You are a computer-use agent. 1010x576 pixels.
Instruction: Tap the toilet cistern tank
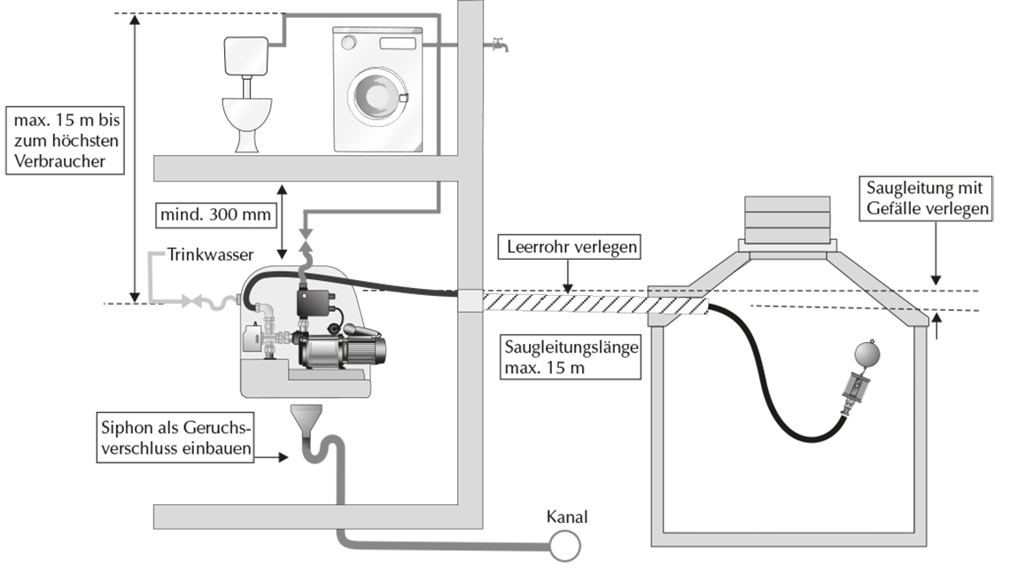pos(245,56)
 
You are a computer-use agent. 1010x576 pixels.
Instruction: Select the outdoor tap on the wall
pos(499,44)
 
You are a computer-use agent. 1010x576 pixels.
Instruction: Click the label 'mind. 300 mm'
pos(215,215)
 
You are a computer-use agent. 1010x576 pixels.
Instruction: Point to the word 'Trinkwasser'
pos(210,254)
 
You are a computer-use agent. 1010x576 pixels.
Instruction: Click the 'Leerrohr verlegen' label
pos(570,246)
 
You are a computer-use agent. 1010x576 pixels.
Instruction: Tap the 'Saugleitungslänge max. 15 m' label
pos(571,357)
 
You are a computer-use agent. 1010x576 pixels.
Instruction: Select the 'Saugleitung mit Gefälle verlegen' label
pos(927,198)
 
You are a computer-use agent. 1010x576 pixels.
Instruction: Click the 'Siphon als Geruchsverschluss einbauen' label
pos(175,438)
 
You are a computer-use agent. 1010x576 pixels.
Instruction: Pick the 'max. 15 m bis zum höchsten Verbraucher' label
pos(65,141)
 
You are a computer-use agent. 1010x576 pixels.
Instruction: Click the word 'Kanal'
pos(567,517)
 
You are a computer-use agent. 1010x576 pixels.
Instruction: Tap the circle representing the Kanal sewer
pos(565,547)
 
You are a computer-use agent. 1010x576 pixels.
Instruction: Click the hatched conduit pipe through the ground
pos(596,303)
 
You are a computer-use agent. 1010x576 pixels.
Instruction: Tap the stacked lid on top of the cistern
pos(787,219)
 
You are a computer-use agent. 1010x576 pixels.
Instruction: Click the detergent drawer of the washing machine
pos(398,43)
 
